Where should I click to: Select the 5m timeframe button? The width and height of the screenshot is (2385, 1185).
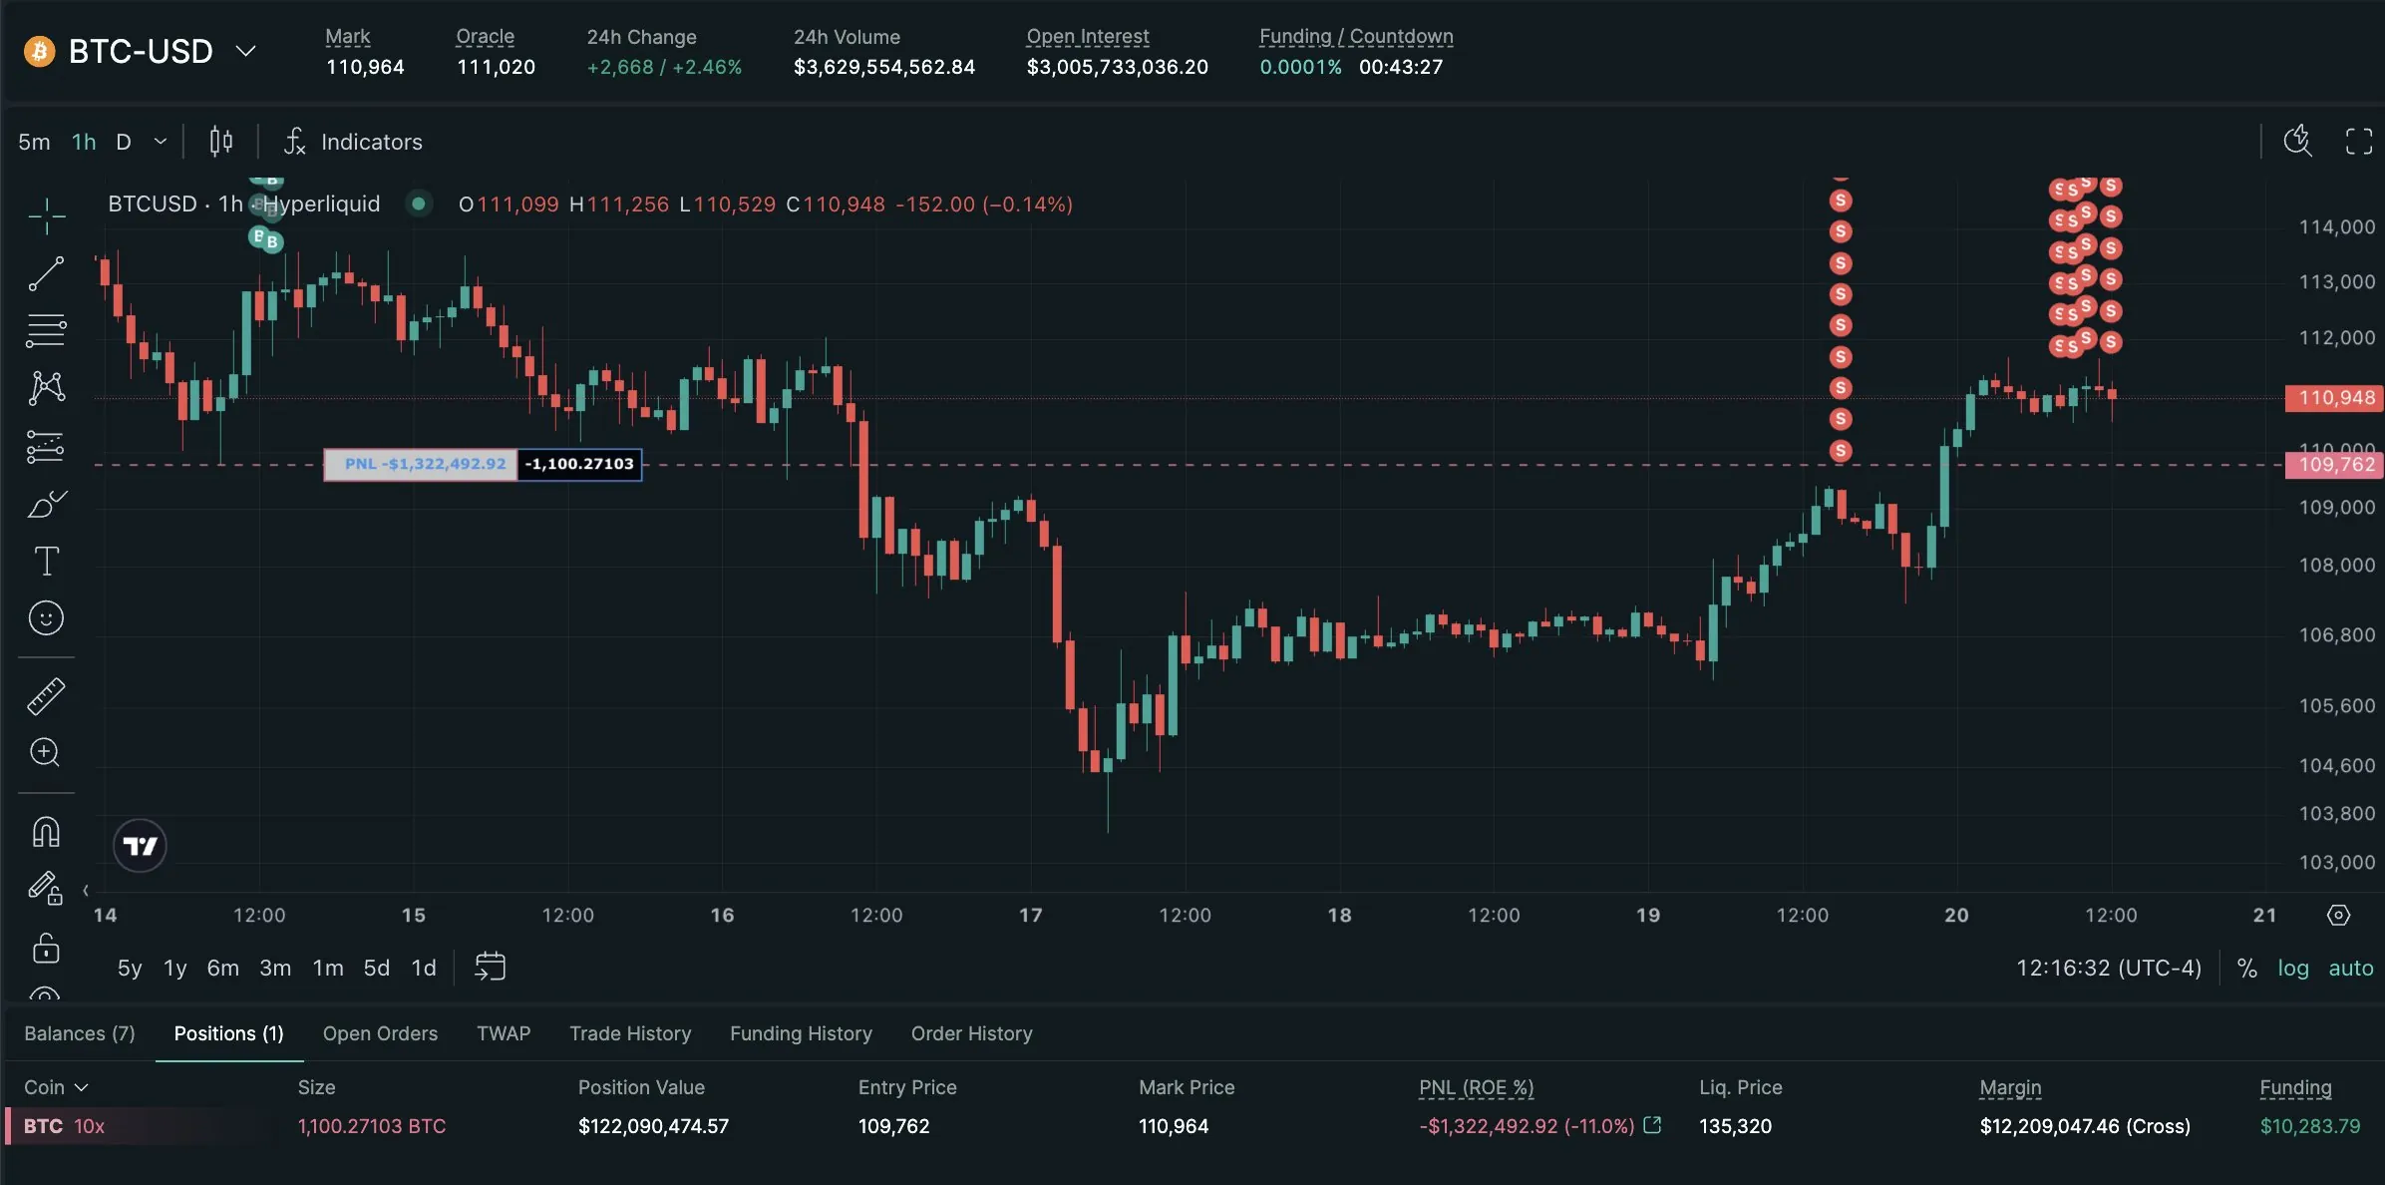tap(34, 142)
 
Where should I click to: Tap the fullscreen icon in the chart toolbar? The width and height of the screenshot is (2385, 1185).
tap(2358, 142)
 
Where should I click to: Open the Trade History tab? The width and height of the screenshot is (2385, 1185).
tap(630, 1033)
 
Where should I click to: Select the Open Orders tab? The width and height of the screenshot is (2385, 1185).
tap(380, 1033)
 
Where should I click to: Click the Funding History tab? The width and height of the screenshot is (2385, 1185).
tap(801, 1033)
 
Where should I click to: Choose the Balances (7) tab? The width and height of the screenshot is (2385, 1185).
tap(80, 1033)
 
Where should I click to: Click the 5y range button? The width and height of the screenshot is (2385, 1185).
tap(130, 968)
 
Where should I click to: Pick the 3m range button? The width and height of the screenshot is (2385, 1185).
tap(275, 968)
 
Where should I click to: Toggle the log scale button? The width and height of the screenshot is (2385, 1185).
tap(2292, 968)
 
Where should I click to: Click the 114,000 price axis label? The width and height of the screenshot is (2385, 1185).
tap(2336, 227)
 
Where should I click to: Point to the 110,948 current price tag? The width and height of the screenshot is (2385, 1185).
tap(2335, 398)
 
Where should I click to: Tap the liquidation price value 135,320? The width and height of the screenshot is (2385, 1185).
tap(1735, 1126)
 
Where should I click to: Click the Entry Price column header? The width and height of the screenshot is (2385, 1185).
tap(907, 1087)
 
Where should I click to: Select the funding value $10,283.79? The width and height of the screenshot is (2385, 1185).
tap(2309, 1126)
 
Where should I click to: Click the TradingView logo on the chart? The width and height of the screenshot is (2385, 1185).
tap(140, 846)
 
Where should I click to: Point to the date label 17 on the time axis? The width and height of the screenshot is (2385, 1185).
tap(1030, 915)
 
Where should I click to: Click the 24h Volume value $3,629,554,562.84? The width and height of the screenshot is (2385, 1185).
tap(883, 67)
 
